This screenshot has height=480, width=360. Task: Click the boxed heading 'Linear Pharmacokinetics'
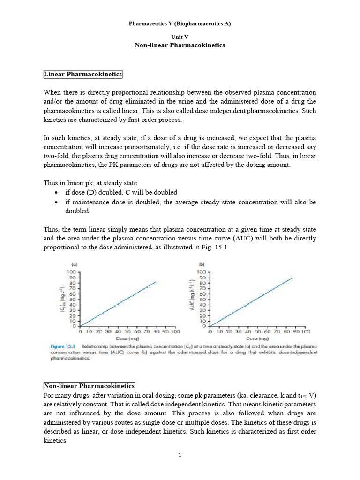click(x=83, y=74)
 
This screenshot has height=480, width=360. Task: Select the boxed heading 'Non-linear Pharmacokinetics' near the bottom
click(x=89, y=386)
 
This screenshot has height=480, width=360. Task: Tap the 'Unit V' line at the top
click(x=180, y=36)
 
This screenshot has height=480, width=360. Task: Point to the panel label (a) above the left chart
click(x=75, y=264)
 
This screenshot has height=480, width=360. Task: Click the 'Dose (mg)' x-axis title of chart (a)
click(x=127, y=338)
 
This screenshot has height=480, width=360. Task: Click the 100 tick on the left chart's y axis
click(x=72, y=272)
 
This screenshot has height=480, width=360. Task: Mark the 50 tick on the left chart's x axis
click(x=127, y=331)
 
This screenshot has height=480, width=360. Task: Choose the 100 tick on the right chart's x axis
click(x=305, y=331)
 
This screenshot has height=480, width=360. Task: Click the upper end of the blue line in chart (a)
click(x=156, y=282)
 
